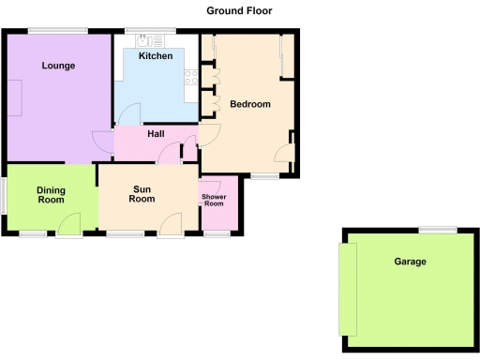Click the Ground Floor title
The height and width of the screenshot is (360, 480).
tap(240, 10)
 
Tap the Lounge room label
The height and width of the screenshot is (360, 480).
tap(58, 66)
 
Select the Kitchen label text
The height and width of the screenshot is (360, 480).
tap(156, 57)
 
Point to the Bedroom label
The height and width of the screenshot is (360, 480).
tap(249, 104)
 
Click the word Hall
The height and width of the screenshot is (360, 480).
tap(156, 135)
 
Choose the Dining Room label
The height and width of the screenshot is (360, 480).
tap(51, 195)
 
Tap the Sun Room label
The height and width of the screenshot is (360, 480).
tap(142, 194)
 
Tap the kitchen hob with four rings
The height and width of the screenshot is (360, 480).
tap(190, 78)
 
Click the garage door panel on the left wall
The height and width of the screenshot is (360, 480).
tap(347, 287)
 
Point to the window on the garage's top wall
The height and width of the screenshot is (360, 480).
tap(438, 230)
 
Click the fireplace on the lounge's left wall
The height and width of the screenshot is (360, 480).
tap(16, 97)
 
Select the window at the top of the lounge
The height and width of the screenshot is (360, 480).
tap(57, 32)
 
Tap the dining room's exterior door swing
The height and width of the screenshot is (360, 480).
tap(68, 225)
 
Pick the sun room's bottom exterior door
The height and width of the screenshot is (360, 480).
tap(171, 225)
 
